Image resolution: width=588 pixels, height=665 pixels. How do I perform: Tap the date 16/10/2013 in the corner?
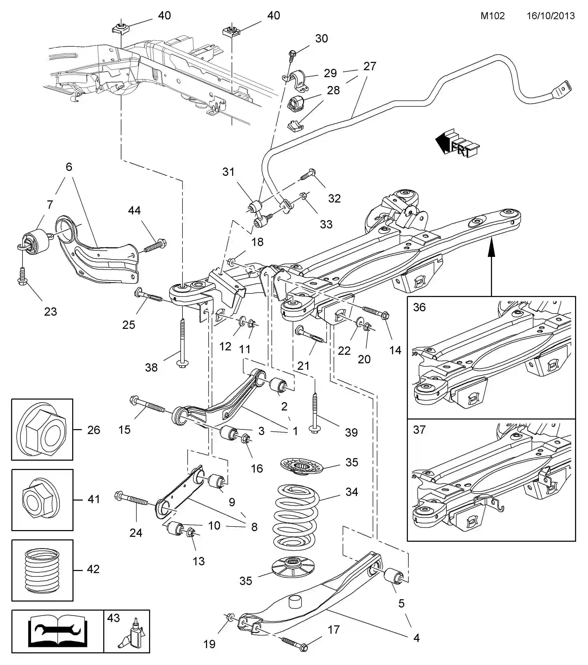click(550, 16)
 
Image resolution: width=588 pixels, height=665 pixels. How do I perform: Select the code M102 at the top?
click(493, 16)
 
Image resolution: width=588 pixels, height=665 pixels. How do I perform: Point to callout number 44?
click(134, 211)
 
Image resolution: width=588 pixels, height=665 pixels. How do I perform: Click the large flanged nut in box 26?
click(42, 429)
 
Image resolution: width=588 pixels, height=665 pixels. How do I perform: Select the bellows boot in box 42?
click(42, 570)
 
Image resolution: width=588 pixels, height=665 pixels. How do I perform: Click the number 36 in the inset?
click(419, 307)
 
